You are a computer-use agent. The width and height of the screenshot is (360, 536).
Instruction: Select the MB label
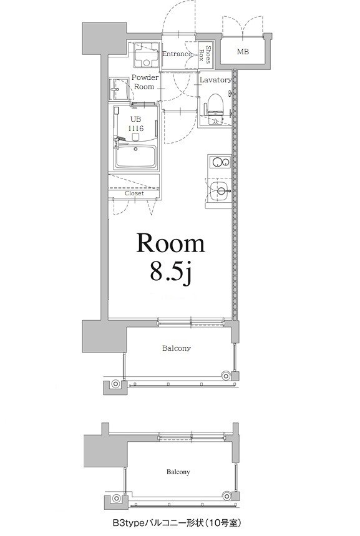pos(243,52)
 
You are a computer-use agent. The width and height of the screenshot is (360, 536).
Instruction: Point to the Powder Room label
pos(144,82)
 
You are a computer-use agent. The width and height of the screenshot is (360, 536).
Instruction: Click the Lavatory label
pos(216,80)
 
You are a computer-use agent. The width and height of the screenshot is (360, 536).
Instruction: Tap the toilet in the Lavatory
pos(214,103)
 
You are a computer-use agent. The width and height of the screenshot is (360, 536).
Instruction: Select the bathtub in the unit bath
pos(137,157)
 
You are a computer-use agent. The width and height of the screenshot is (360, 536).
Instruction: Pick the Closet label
pos(134,193)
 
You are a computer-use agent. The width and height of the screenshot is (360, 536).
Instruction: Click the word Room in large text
pos(171,244)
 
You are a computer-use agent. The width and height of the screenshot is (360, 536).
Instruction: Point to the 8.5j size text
pos(171,273)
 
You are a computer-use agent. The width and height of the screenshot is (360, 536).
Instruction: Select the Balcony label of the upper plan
pos(177,348)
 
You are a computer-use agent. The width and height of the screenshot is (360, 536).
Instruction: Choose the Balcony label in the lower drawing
pos(178,472)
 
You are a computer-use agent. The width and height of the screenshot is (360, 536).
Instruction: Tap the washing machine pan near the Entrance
pos(145,57)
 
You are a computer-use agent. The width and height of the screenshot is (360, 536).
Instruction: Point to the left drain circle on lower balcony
pos(116,499)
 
